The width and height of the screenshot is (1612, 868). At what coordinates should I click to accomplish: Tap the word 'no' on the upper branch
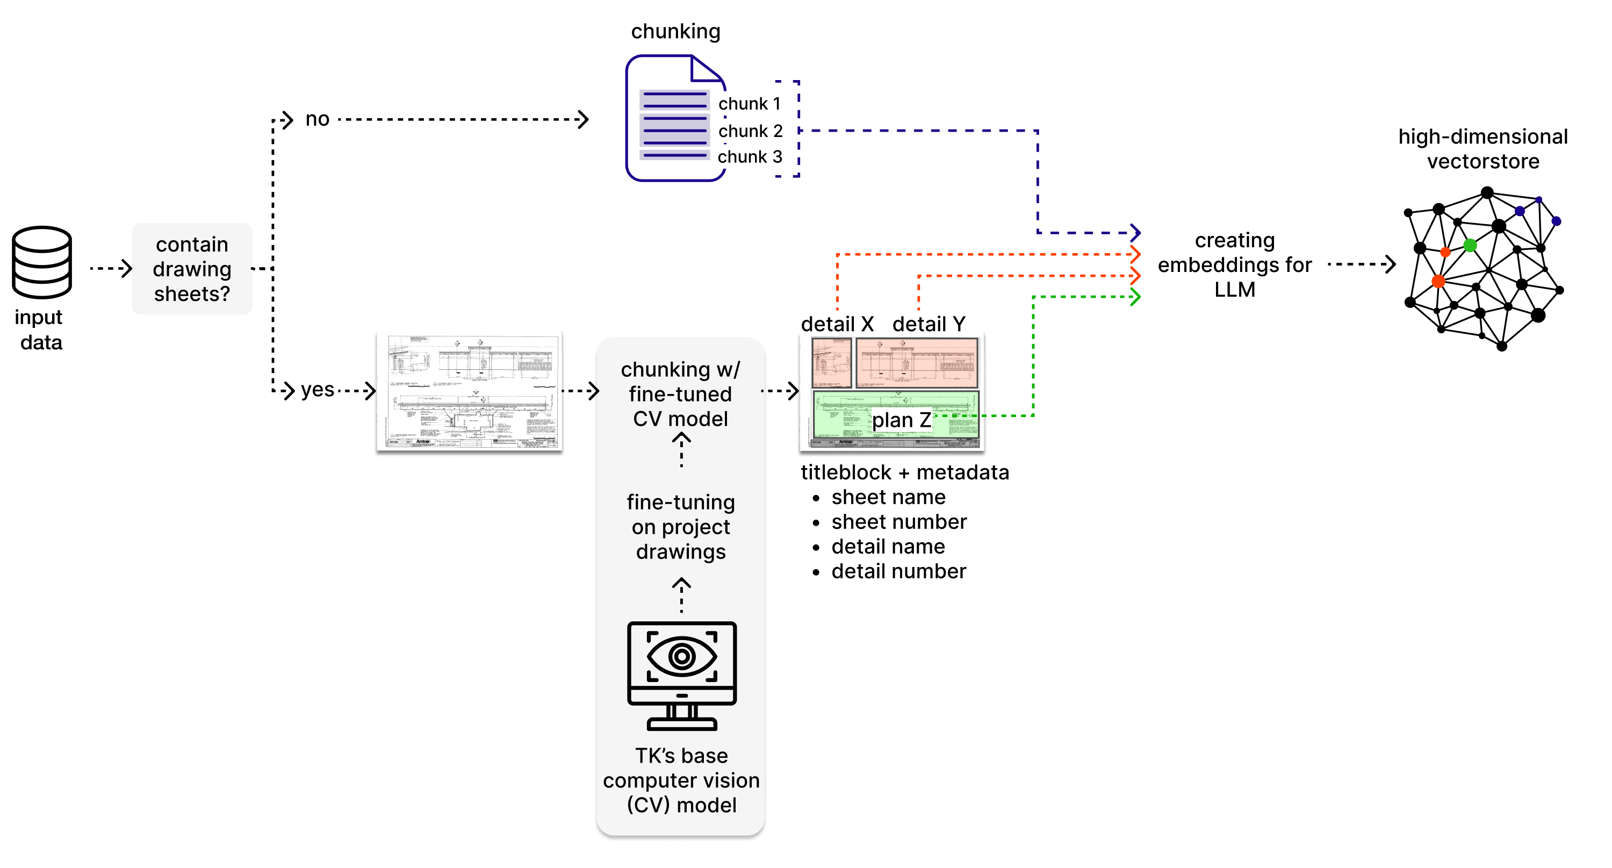[317, 119]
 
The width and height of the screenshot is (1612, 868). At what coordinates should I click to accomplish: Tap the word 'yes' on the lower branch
[317, 389]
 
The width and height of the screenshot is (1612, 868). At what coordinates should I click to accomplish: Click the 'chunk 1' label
[749, 103]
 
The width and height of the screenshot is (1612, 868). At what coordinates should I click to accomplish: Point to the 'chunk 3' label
[750, 156]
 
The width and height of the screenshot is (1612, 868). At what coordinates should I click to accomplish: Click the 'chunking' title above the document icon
[675, 31]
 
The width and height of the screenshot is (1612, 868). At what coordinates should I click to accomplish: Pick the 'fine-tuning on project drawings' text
[681, 527]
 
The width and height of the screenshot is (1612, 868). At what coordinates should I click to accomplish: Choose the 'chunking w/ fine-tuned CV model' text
[680, 394]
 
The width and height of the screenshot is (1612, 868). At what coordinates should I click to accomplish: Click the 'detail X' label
[837, 324]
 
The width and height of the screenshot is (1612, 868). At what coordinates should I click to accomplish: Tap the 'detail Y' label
[929, 324]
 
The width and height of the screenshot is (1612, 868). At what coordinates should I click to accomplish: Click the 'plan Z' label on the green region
[901, 420]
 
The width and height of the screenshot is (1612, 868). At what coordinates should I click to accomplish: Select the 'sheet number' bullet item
[898, 522]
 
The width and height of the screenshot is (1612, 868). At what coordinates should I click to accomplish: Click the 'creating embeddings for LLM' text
[1234, 265]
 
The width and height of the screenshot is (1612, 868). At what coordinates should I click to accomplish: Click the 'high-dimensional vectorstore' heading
[1483, 149]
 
